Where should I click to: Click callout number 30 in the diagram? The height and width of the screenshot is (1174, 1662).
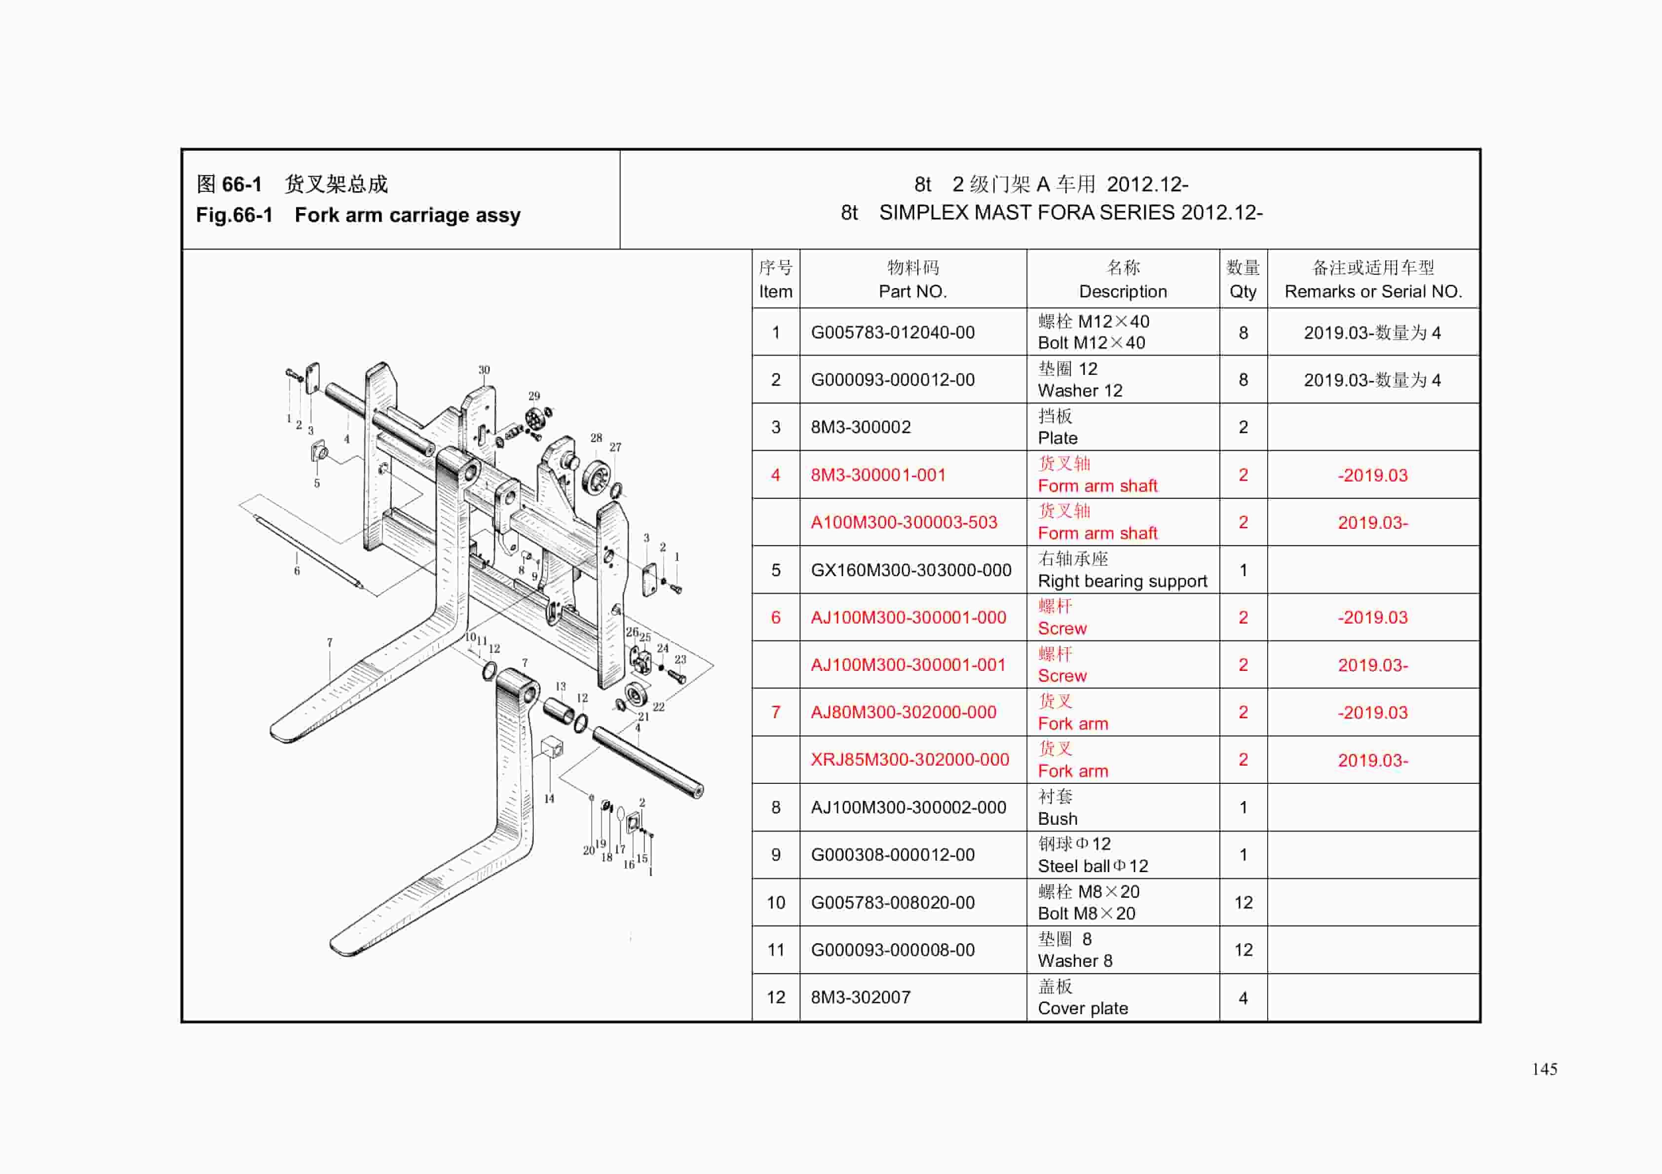[484, 370]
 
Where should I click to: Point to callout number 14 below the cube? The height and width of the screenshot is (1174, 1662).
[549, 798]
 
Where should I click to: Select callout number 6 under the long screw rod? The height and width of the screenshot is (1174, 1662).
[297, 571]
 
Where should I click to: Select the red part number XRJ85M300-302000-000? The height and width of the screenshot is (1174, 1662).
[909, 759]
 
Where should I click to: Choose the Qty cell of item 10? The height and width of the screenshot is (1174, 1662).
[1243, 903]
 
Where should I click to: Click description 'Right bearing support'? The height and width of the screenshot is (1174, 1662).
[1122, 581]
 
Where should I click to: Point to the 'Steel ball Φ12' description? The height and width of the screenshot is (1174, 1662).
[1093, 866]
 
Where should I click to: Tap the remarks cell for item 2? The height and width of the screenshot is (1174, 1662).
[1372, 380]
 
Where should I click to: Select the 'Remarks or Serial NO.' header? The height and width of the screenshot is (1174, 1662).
[1372, 291]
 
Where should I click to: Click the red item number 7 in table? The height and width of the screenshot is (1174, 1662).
[775, 712]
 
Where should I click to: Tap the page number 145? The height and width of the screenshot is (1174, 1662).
[1544, 1069]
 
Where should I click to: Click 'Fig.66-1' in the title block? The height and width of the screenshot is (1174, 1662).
[234, 215]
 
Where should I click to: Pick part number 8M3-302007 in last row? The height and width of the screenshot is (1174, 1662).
[860, 997]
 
